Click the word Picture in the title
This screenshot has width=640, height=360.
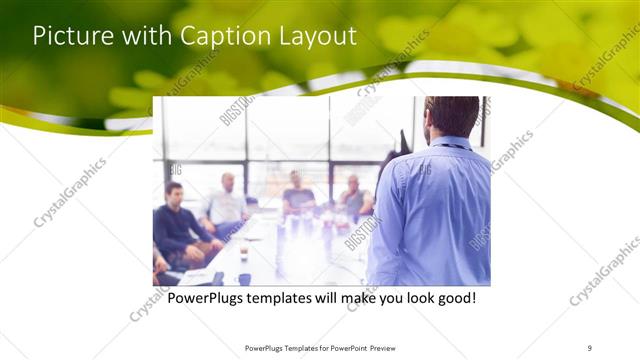tap(67, 36)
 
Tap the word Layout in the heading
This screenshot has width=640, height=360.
tap(313, 36)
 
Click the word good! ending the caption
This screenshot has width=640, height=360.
tap(451, 299)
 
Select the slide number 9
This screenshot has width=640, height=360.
tap(591, 347)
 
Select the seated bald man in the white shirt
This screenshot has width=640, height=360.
tap(227, 205)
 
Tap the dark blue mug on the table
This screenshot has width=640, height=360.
tap(244, 279)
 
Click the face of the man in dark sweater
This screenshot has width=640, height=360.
tap(174, 193)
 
